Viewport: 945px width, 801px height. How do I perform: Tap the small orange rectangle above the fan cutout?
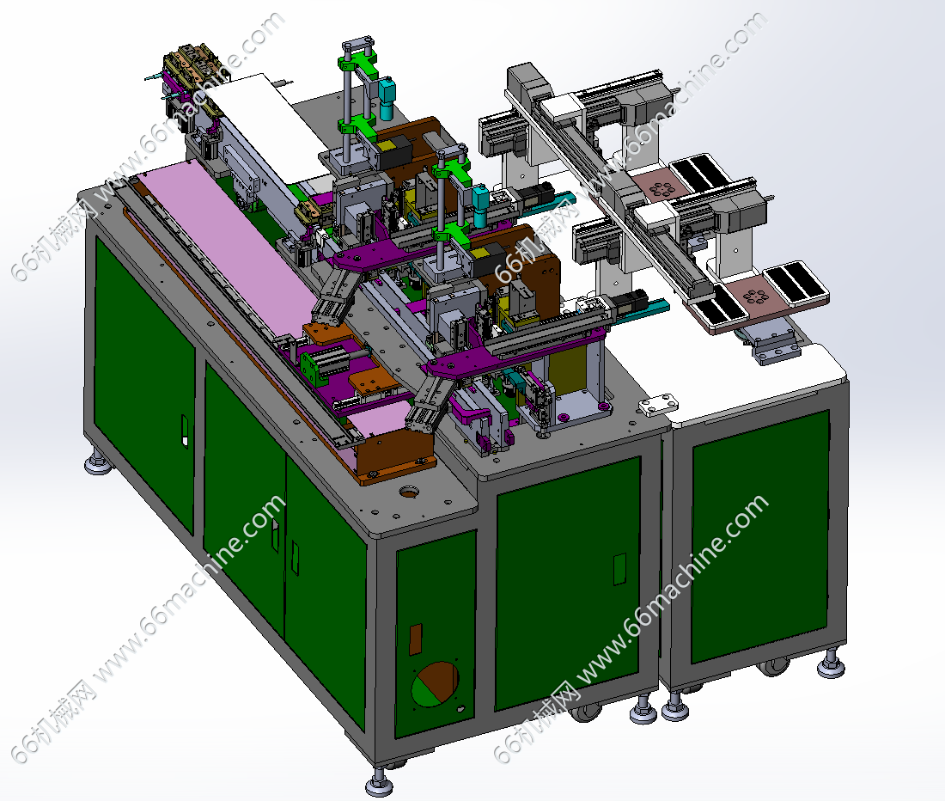point(416,639)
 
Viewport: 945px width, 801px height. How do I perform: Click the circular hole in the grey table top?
point(410,493)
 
